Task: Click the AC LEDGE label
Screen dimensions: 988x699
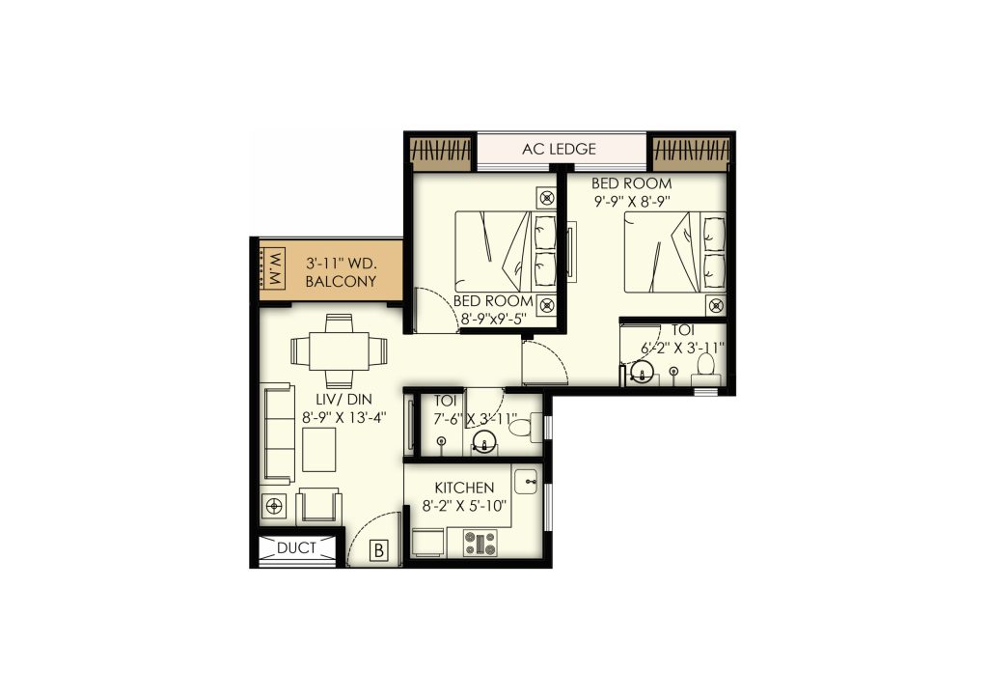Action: point(559,150)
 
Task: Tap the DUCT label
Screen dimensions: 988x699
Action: point(296,548)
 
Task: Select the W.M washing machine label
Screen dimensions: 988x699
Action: point(276,268)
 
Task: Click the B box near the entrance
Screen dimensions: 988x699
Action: point(378,550)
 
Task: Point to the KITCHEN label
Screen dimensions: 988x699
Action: point(464,488)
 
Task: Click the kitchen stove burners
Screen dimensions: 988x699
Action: point(480,543)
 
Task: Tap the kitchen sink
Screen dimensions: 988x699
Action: point(526,482)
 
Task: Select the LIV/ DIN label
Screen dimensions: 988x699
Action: point(343,400)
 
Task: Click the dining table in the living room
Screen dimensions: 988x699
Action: point(339,351)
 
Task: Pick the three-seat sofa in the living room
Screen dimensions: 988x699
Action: point(277,433)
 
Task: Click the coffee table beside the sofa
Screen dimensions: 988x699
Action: point(318,449)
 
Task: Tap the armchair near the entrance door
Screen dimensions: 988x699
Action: point(318,505)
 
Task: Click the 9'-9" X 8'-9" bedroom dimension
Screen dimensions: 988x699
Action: point(630,202)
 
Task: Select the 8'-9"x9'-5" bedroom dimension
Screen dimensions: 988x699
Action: point(493,319)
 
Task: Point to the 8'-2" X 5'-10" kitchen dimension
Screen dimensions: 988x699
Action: point(465,506)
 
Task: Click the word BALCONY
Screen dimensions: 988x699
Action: point(341,281)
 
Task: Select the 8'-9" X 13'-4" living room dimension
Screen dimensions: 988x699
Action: point(344,417)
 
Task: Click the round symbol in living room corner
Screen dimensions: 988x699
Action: point(273,506)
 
